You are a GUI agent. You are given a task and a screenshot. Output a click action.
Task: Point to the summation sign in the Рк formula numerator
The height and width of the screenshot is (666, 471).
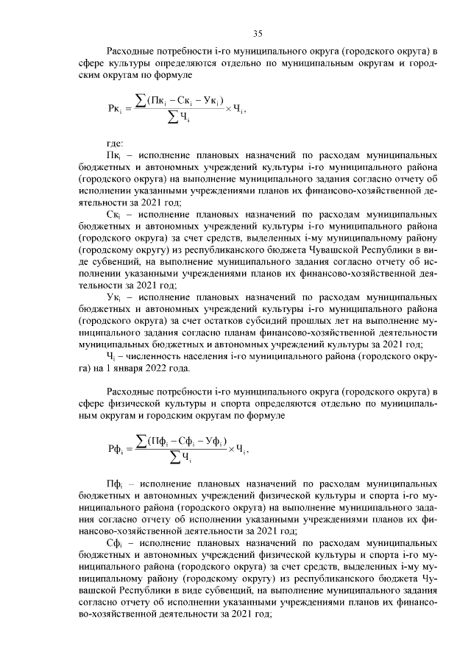[x=141, y=99]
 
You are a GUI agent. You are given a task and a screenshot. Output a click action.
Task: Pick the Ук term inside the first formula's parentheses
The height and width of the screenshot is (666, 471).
[x=213, y=100]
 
